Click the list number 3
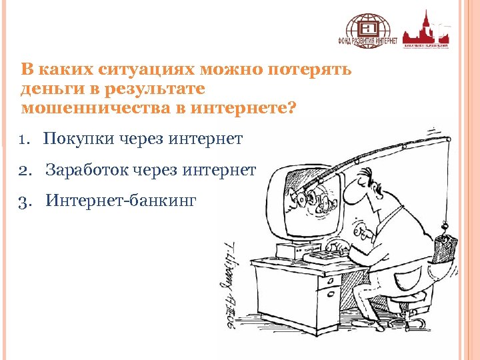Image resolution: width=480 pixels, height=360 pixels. pos(25,201)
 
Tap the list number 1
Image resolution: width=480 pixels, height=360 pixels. pos(24,139)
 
